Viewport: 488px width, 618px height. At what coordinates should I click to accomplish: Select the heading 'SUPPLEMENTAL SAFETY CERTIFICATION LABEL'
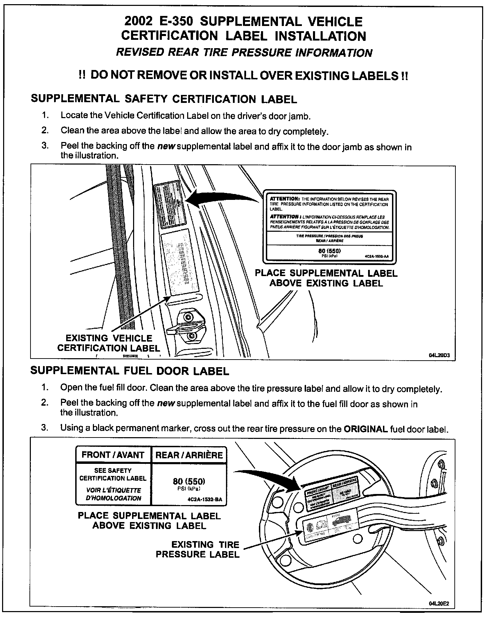[164, 99]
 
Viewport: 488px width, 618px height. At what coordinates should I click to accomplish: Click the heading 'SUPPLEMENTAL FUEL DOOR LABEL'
[130, 371]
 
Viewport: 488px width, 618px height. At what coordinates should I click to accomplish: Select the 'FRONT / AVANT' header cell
[113, 455]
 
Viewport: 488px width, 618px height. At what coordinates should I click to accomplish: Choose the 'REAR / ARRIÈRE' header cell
[189, 455]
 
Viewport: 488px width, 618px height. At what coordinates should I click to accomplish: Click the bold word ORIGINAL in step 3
[365, 429]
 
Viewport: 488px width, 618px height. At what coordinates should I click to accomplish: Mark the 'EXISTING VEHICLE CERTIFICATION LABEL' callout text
[109, 343]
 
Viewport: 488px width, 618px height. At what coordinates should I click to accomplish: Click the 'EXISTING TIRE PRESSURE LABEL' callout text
[198, 549]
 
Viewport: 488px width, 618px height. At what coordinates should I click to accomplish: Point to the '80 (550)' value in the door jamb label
[330, 251]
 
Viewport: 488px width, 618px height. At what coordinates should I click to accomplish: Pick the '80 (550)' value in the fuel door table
[189, 481]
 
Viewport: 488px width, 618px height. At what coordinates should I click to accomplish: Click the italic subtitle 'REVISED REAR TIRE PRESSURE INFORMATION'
[244, 53]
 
